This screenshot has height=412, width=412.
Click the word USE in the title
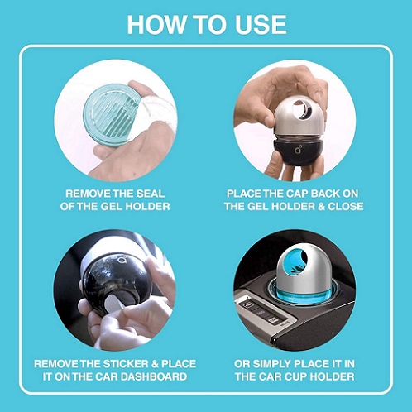[x=258, y=25]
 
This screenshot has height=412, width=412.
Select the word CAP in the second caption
[x=295, y=194]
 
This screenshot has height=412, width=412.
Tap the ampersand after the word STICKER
[x=155, y=364]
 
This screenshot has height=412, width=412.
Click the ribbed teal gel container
[x=111, y=115]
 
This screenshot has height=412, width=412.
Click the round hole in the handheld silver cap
[x=302, y=110]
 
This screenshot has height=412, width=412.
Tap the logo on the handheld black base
[x=298, y=149]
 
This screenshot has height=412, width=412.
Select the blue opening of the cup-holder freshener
[x=297, y=261]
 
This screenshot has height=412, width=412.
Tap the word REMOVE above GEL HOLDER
[x=88, y=194]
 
